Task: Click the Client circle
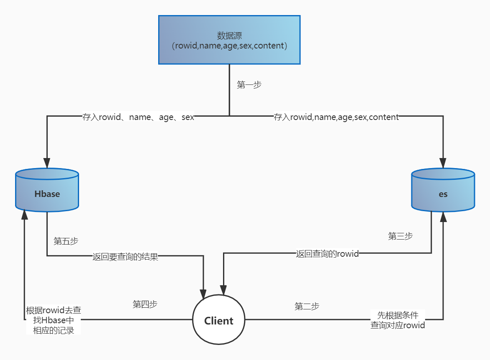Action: click(218, 321)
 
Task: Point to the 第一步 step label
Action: click(249, 85)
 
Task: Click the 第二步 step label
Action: click(307, 306)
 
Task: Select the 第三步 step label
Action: click(400, 236)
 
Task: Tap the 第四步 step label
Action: click(145, 304)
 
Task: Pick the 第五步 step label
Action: click(66, 241)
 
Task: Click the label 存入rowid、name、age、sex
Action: click(138, 117)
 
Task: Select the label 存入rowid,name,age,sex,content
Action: click(336, 117)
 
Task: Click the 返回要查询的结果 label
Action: click(125, 257)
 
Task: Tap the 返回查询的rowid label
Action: click(327, 253)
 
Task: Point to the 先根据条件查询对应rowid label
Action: click(398, 320)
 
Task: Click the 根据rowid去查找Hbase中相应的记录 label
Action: click(54, 320)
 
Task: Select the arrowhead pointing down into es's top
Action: click(443, 163)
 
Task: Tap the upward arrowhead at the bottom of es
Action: click(443, 217)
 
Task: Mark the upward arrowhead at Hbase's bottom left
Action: click(25, 215)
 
